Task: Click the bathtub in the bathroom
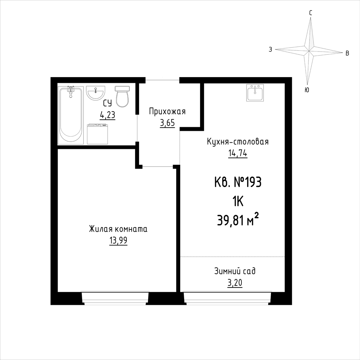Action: click(71, 115)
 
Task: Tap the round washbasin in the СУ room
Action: click(95, 93)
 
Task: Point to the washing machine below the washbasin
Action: click(97, 134)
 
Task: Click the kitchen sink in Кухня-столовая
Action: click(255, 93)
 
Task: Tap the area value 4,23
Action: click(107, 115)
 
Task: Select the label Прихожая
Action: click(167, 112)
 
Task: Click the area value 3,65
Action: click(167, 123)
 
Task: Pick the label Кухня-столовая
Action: click(238, 142)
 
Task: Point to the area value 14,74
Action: click(237, 154)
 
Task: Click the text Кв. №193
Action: click(238, 183)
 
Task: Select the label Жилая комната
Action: click(118, 229)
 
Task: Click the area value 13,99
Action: click(118, 241)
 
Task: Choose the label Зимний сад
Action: click(235, 271)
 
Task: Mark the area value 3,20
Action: click(235, 283)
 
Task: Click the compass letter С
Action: click(311, 13)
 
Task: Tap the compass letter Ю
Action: click(307, 90)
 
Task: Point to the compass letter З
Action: click(271, 49)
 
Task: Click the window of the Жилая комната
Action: click(115, 298)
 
